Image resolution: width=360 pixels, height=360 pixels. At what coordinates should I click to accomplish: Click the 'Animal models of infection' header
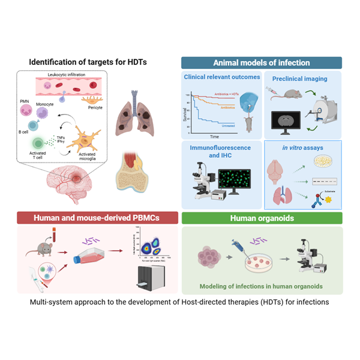(x=262, y=62)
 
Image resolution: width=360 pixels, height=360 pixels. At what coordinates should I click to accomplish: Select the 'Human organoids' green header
(x=262, y=218)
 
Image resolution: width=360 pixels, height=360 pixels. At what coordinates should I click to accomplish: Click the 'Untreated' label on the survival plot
(x=225, y=125)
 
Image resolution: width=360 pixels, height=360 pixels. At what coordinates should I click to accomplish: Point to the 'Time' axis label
(x=215, y=136)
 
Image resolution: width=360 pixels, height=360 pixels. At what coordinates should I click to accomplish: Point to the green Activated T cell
(x=37, y=142)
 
